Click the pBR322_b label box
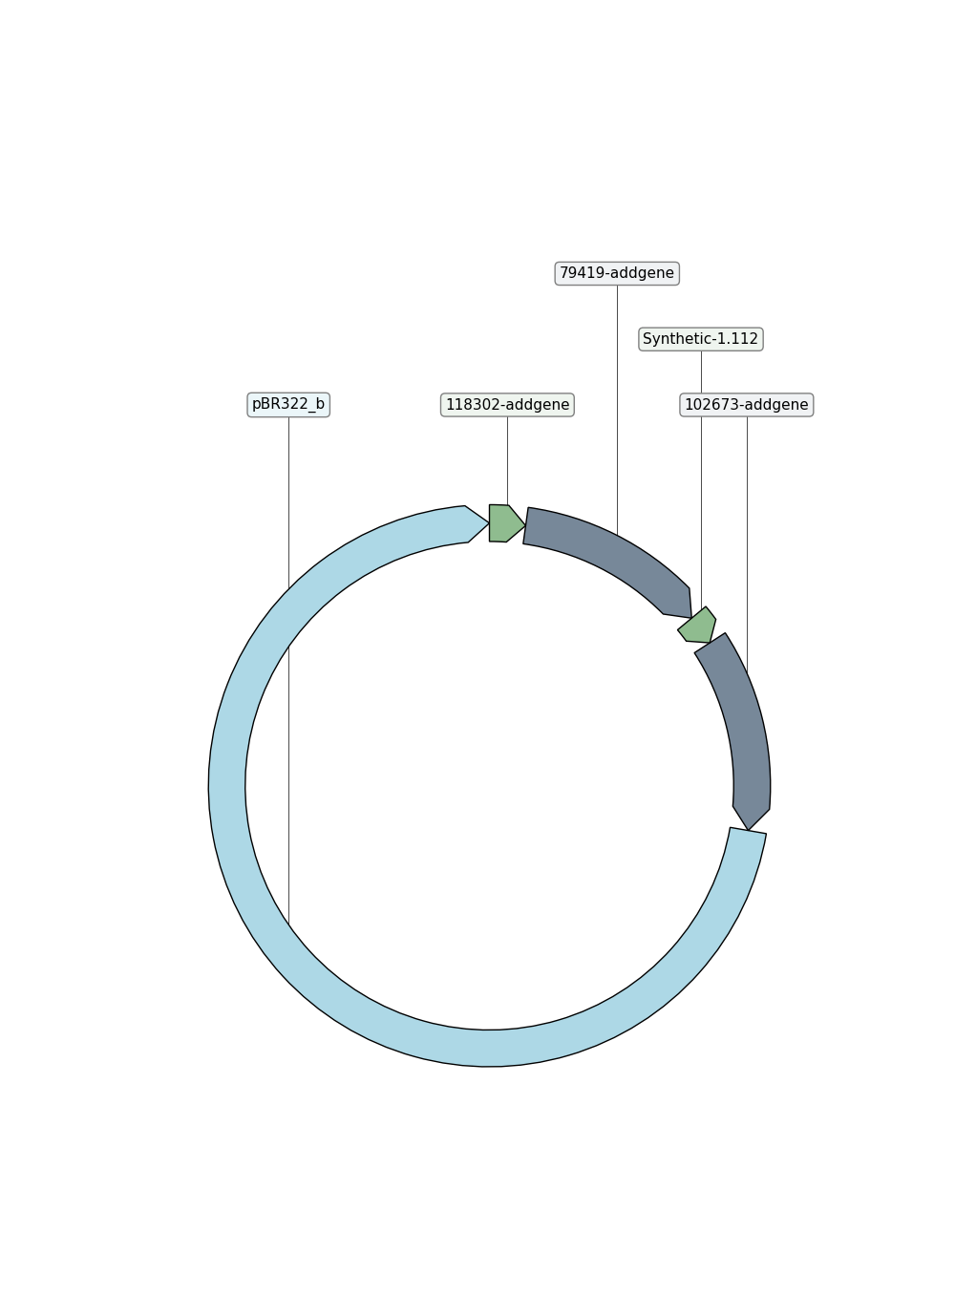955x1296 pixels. [288, 405]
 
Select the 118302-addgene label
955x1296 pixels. [507, 405]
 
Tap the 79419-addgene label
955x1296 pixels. [617, 273]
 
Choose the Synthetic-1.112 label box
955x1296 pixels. [701, 339]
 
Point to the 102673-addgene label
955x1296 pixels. [747, 405]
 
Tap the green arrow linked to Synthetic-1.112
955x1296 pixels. [698, 626]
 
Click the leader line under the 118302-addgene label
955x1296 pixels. [508, 461]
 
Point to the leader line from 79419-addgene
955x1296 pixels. [617, 410]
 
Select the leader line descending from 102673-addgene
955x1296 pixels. [747, 544]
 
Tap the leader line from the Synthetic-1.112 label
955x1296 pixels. [702, 479]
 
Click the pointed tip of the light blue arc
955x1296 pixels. [489, 523]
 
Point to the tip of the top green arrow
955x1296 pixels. [525, 525]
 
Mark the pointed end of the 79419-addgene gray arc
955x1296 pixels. [691, 618]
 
